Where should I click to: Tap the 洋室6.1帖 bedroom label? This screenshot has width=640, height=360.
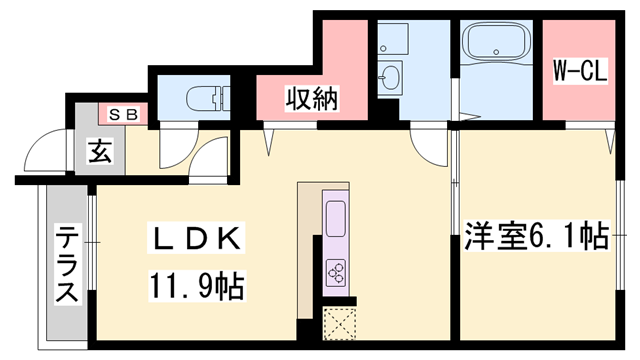[x=535, y=237]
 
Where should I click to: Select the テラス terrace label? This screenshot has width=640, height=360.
[x=68, y=265]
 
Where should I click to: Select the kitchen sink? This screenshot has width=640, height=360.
[x=335, y=216]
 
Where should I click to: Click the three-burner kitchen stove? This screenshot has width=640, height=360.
[x=335, y=271]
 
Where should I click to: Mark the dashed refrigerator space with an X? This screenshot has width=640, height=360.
[x=338, y=323]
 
